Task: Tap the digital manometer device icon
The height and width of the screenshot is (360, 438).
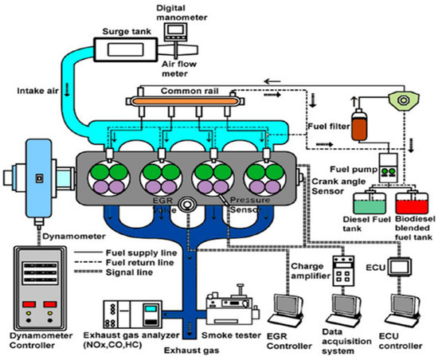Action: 176,31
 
